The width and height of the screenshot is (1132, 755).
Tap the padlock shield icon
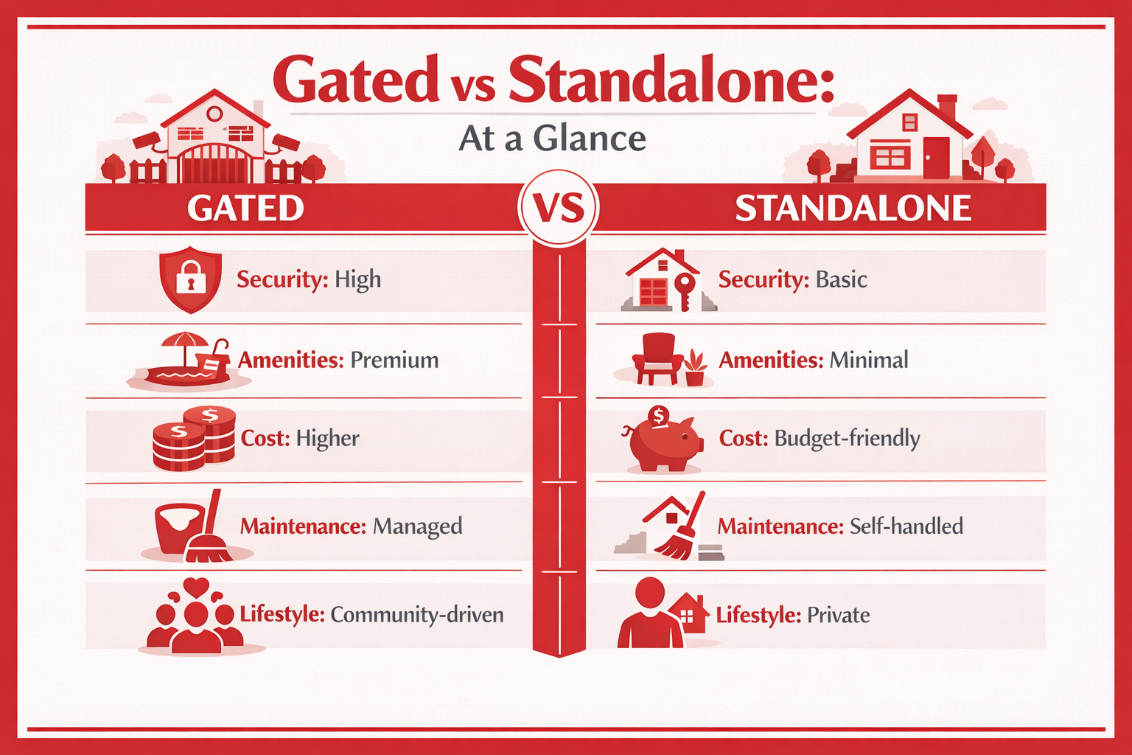point(190,279)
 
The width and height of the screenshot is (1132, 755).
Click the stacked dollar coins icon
point(194,439)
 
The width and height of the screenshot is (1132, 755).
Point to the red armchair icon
point(657,357)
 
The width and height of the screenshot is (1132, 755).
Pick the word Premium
point(394,360)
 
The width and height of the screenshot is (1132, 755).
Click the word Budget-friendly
point(847,439)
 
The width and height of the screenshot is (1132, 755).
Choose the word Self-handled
point(906,526)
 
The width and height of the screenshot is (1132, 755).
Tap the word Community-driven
point(416,615)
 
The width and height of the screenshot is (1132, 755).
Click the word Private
point(838,615)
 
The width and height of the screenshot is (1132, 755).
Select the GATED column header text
point(245,208)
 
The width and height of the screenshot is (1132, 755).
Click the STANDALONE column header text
point(853,208)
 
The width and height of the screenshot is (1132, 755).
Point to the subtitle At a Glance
point(552,138)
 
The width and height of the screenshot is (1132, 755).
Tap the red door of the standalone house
point(936,157)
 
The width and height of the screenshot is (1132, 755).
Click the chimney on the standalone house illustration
point(947,106)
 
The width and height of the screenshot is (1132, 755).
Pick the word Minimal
point(868,360)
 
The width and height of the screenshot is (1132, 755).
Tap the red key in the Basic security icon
point(685,290)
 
